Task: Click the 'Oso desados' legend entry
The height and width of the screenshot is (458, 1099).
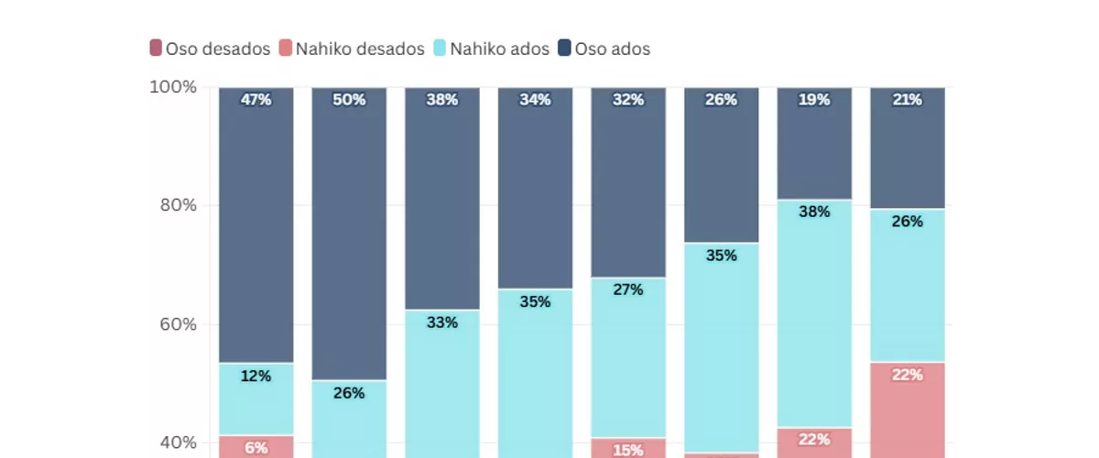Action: coord(210,49)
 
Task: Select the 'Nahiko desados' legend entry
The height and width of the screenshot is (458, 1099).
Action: coord(351,49)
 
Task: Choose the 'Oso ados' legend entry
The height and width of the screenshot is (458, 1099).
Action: coord(604,49)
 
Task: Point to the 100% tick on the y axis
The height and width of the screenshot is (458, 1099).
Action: coord(173,87)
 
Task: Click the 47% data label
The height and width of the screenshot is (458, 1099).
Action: coord(256,100)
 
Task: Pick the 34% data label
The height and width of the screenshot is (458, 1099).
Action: coord(535,100)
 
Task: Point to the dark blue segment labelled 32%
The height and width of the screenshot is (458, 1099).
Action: coord(628,183)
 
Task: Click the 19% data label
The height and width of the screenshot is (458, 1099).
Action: coord(814,100)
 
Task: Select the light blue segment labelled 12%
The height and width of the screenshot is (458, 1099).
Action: coord(256,398)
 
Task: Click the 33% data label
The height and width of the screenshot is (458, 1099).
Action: coord(441,322)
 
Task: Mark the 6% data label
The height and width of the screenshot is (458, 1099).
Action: coord(256,448)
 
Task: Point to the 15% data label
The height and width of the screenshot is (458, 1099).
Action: coord(628,450)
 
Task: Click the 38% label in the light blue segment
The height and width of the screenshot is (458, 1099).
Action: coord(814,212)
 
